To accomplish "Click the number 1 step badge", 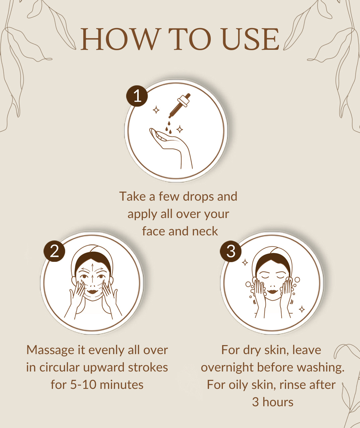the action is point(137,96).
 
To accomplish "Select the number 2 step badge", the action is point(54,251).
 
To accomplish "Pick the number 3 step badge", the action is point(231,251).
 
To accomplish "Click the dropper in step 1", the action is point(179,106).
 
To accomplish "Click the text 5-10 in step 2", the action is point(83,385).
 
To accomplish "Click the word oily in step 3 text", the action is point(239,385).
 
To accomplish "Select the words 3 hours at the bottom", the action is point(273,402).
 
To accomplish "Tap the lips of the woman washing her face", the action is point(272,291).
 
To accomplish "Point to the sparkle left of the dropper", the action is point(156,110).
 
